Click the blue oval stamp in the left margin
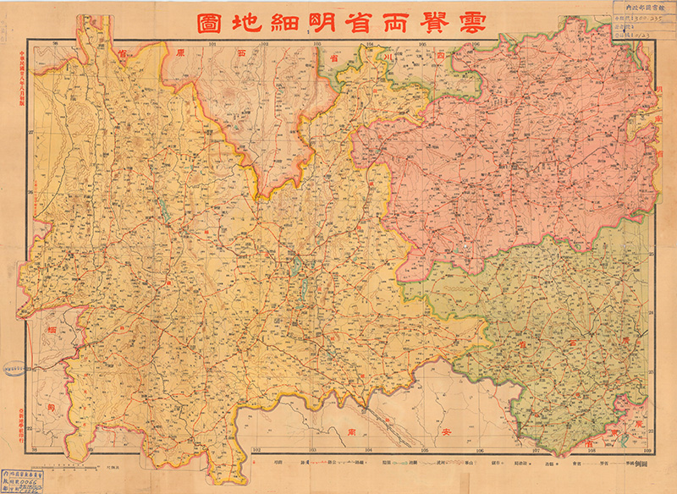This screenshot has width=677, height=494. click(x=16, y=368)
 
